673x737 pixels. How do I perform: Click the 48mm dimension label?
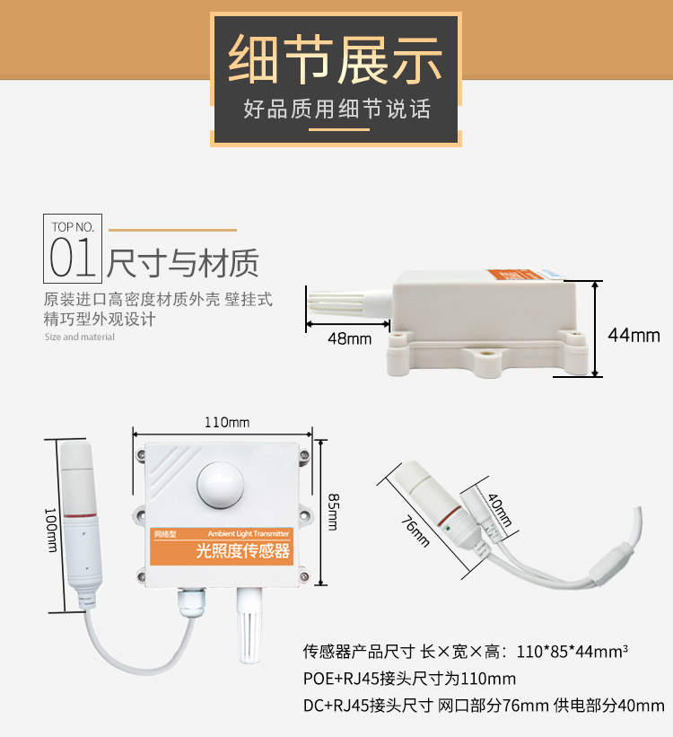coord(349,338)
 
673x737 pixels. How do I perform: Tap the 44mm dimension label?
coord(634,335)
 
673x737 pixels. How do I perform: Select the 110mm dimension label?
coord(226,422)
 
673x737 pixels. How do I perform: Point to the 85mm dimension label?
coord(333,512)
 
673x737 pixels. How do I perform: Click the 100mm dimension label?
coord(50,530)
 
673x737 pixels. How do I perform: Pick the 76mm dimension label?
coord(415,531)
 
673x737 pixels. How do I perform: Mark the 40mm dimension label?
coord(500,510)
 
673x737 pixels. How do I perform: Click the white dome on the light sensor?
coord(220,485)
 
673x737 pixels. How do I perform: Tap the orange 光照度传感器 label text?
coord(242,550)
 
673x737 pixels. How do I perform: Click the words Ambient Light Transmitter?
coord(249,533)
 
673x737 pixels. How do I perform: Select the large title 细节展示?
coord(335,59)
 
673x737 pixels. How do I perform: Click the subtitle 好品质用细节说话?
coord(337,109)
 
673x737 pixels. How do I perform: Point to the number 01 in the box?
coord(73,257)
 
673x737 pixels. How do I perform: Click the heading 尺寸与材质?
coord(183,263)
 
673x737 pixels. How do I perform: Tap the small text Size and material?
coord(80,337)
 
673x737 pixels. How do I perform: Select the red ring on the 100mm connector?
coord(81,516)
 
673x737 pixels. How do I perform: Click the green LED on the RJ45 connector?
coord(448,529)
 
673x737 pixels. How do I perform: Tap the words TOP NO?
coord(73,227)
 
